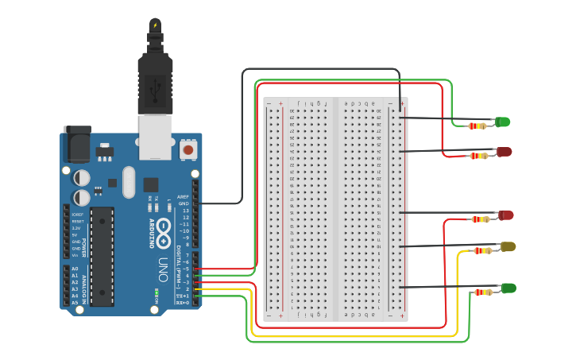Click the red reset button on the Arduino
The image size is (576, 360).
[x=188, y=149]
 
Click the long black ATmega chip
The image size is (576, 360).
[x=102, y=256]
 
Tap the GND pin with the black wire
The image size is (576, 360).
[x=195, y=203]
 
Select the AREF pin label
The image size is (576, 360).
[x=184, y=196]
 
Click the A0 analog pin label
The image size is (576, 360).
[x=75, y=269]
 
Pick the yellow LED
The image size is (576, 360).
[x=507, y=247]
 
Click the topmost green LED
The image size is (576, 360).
[x=503, y=122]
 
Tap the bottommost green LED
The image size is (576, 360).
[x=508, y=288]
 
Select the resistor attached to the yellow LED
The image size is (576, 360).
[x=482, y=251]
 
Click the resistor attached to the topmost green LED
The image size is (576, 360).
[x=477, y=126]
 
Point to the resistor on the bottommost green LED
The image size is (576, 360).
[x=483, y=292]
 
